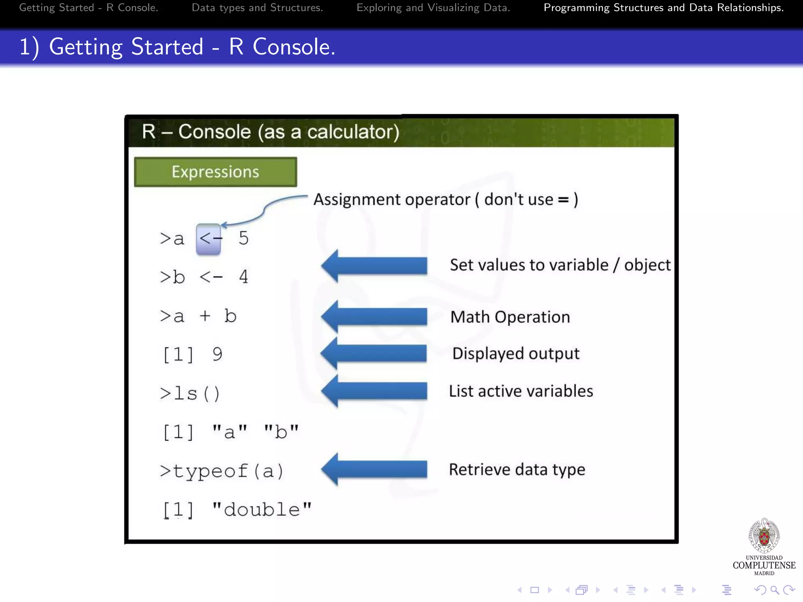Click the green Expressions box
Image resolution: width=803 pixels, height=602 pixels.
[215, 172]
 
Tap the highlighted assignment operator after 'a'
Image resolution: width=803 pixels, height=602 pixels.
[209, 239]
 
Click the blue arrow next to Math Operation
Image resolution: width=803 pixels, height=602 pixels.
[374, 317]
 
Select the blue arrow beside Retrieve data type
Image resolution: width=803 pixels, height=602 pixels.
[374, 469]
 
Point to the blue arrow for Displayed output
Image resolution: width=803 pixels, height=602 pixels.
[374, 353]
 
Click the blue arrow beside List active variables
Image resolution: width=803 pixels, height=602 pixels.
[374, 391]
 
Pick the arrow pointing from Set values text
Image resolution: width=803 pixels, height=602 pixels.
[374, 266]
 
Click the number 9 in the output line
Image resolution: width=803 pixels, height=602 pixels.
[217, 354]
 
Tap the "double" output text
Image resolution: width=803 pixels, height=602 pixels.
[262, 510]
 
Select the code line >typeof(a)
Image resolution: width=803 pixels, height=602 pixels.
[222, 471]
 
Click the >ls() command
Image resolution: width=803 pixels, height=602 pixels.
[190, 393]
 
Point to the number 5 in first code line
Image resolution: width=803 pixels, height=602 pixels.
[243, 238]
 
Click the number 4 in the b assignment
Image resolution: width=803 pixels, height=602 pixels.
[243, 277]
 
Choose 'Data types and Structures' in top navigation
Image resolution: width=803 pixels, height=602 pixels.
[257, 8]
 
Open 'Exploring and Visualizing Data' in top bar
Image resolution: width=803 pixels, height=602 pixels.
[433, 8]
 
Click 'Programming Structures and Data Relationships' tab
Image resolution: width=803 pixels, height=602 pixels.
[663, 8]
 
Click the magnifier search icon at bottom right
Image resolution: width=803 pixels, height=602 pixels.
[774, 590]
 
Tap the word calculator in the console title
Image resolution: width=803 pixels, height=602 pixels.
[353, 132]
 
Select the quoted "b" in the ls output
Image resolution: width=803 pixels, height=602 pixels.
[281, 432]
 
